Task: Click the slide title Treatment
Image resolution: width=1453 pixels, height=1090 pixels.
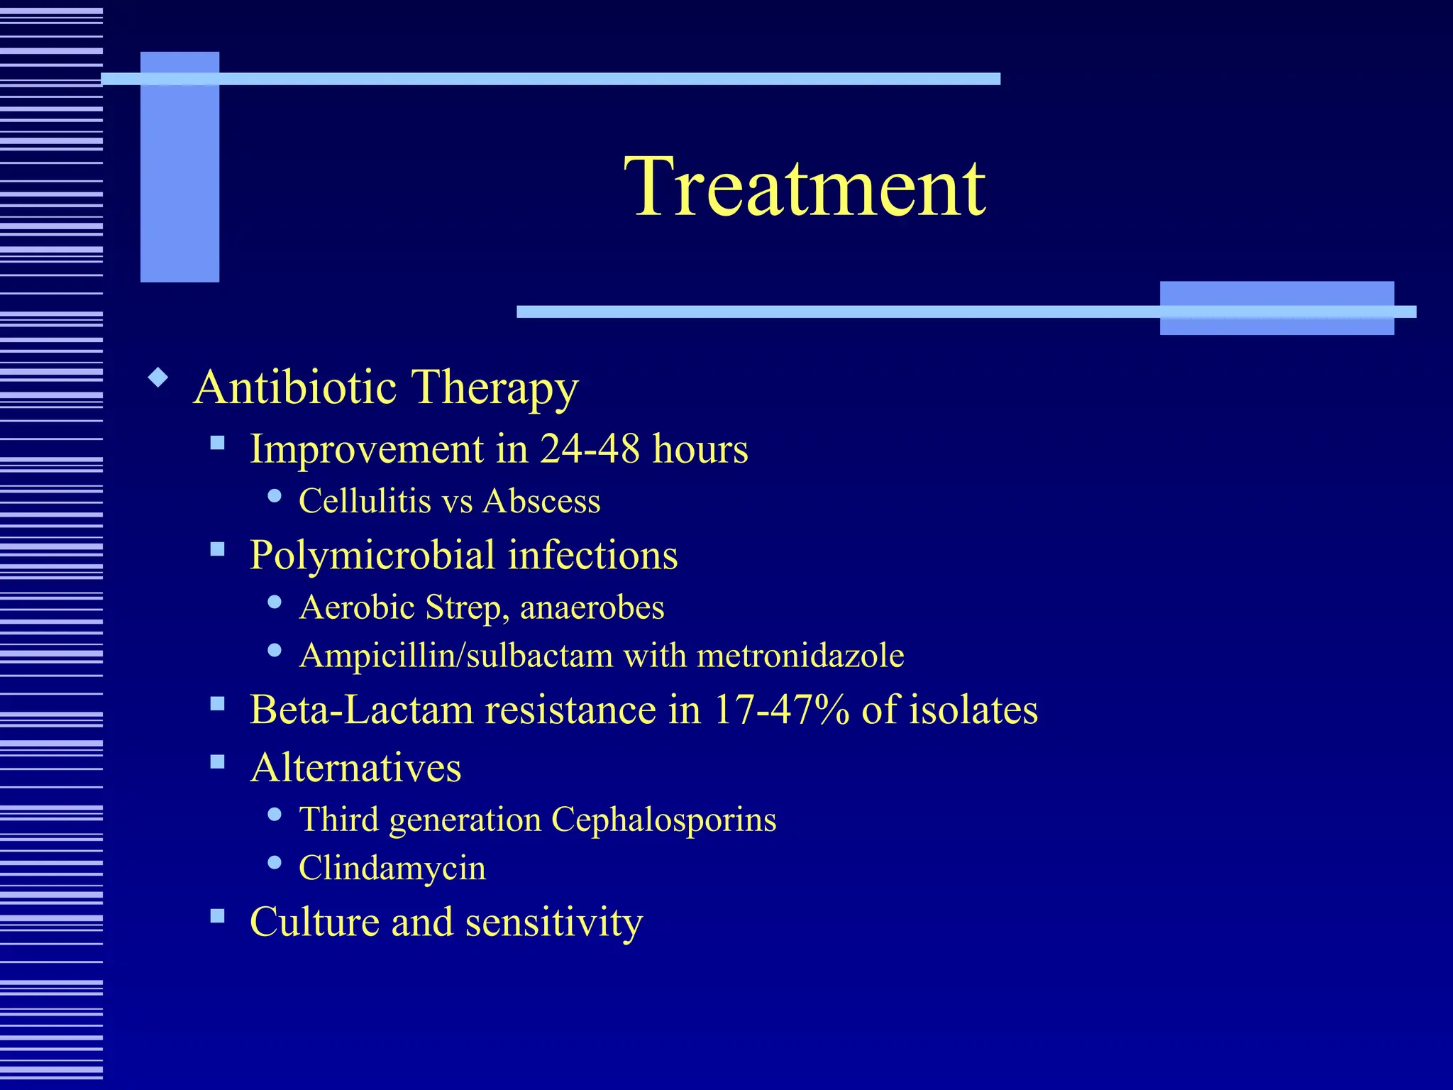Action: point(805,187)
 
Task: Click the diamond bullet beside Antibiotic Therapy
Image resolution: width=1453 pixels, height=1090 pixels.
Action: point(158,377)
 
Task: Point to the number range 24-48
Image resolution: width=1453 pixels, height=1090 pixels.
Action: point(590,449)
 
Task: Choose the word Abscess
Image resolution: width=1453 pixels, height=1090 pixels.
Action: point(541,501)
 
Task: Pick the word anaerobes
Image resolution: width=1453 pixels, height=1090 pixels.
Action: point(592,607)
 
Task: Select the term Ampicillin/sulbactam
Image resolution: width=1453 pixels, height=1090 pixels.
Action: point(456,655)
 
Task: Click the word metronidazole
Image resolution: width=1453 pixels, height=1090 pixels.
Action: point(800,655)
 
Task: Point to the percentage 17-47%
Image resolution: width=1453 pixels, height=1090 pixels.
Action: point(781,710)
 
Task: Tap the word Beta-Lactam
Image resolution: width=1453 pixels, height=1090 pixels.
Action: point(361,710)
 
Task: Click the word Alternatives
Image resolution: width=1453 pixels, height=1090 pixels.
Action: point(355,768)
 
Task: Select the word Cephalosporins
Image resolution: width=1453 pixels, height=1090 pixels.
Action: point(663,820)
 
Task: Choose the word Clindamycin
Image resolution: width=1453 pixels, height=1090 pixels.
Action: point(392,868)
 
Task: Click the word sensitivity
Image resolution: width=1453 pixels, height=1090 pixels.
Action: point(553,923)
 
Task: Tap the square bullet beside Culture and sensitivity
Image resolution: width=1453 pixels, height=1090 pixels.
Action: point(217,915)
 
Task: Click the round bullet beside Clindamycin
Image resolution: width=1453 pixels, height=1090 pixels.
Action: point(275,863)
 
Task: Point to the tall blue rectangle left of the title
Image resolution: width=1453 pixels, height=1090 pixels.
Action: point(179,167)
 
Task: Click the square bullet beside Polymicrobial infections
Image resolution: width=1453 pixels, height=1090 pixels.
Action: point(217,549)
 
